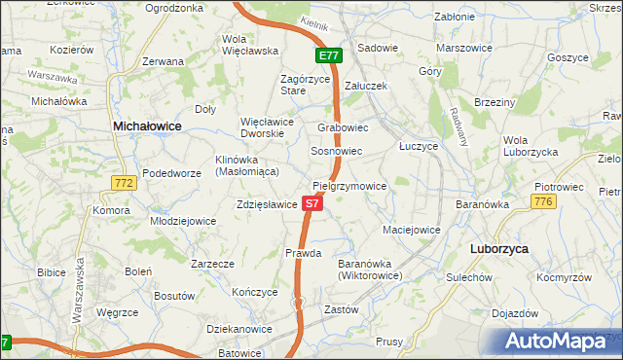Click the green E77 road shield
[328, 56]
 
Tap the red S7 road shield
[311, 204]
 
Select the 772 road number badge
[124, 183]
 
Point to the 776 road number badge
[543, 201]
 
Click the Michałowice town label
[148, 126]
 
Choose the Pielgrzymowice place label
[349, 186]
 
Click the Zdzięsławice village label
[266, 205]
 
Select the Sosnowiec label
[337, 152]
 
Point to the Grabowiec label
[343, 127]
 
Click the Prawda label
[304, 253]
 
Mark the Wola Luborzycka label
[530, 146]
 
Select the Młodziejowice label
[183, 221]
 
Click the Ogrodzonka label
[173, 8]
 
